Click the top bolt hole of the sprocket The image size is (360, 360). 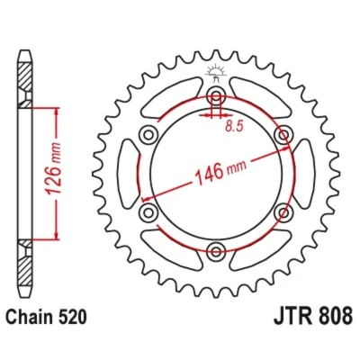[216, 95]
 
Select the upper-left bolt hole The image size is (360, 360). [148, 134]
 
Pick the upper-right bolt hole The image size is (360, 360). [283, 134]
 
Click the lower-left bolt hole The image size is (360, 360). [148, 212]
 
